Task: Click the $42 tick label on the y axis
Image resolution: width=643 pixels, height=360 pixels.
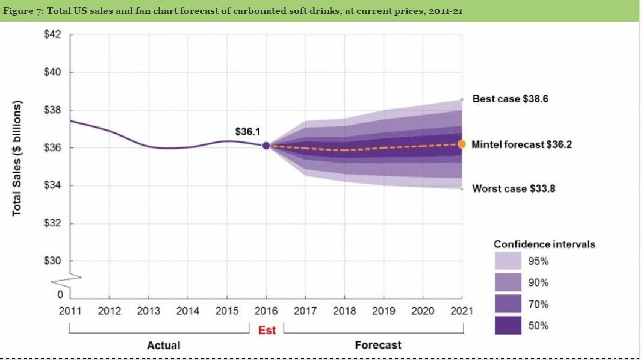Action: coord(52,34)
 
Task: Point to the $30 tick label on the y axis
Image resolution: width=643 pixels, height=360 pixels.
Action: coord(52,261)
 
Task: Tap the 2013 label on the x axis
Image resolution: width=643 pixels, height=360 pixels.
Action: coord(148,311)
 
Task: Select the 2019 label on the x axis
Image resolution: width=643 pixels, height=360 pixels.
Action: coord(384,311)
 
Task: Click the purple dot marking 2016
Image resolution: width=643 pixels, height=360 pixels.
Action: coord(266,145)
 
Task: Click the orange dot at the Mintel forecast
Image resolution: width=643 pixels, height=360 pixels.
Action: coord(462,144)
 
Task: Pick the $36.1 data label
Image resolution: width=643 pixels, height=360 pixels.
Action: coord(247,131)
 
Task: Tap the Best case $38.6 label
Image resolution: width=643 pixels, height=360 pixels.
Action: coord(510,98)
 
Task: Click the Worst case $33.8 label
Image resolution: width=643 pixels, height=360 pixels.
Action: coord(514,189)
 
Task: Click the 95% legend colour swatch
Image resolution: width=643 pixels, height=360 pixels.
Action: coord(508,261)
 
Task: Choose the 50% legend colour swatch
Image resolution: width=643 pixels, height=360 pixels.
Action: coord(508,326)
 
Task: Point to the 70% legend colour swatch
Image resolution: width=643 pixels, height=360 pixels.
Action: coord(508,304)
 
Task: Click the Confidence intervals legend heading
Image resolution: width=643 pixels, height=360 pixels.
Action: coord(544,244)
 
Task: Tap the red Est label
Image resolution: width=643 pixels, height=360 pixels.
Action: coord(267,330)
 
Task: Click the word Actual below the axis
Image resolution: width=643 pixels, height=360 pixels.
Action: coord(163,345)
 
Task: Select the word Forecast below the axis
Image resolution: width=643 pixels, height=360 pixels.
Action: coord(377,345)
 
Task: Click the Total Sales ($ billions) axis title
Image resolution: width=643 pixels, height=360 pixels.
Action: coord(17,157)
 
